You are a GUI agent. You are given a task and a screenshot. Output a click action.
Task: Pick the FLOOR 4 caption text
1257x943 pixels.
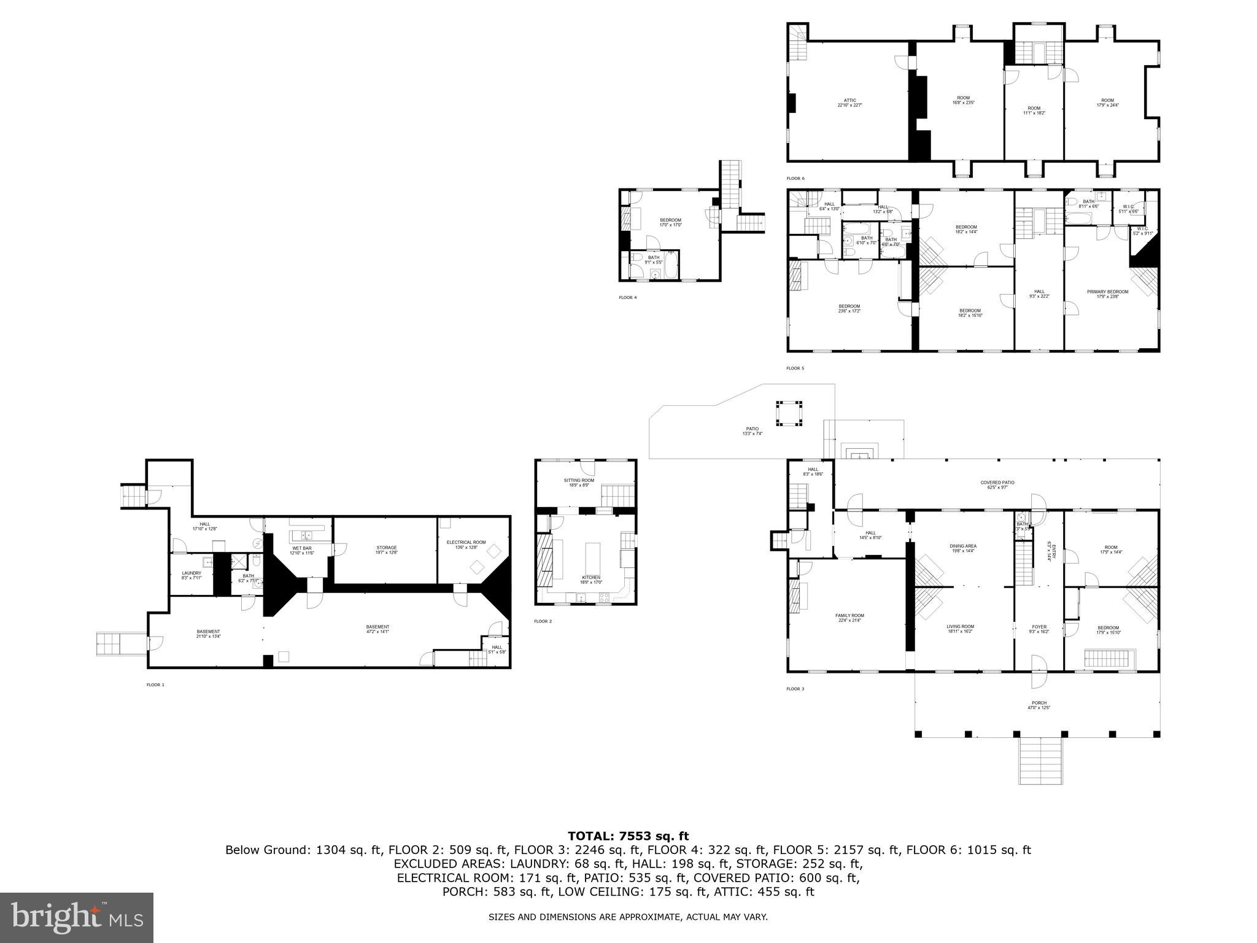click(628, 297)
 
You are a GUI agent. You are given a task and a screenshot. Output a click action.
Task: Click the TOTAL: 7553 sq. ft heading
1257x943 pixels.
click(628, 836)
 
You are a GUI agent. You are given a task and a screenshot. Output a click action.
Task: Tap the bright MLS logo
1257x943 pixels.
click(77, 917)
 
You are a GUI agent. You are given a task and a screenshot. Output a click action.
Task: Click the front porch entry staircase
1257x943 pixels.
click(1041, 762)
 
